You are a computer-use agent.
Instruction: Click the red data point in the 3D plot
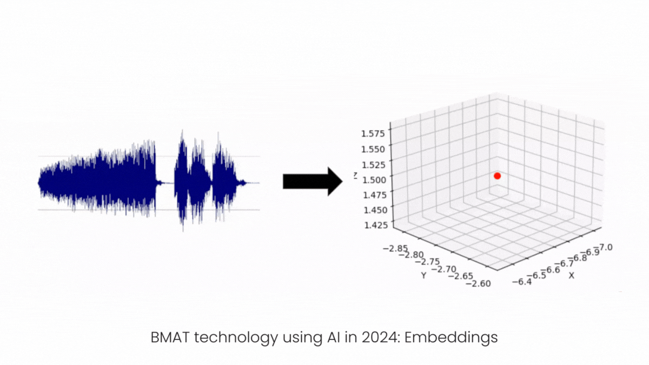coord(497,176)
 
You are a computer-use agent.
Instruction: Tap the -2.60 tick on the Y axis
coord(477,282)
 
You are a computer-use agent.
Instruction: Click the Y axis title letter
coord(424,275)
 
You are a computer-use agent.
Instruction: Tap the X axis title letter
coord(571,275)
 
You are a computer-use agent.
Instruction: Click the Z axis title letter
coord(355,175)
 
